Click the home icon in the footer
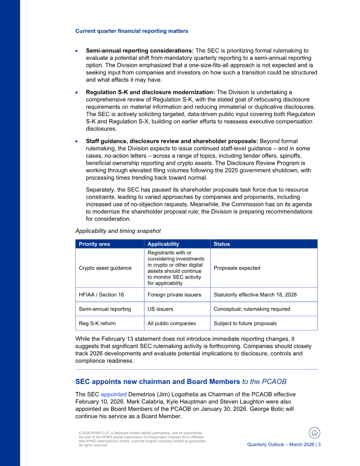(x=315, y=433)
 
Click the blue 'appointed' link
(x=113, y=394)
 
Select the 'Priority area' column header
(x=94, y=244)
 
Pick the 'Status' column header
(x=221, y=244)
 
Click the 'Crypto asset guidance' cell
(x=105, y=268)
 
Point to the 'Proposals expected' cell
(x=237, y=268)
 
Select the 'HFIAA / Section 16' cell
(x=101, y=294)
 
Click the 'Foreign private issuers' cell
(x=175, y=294)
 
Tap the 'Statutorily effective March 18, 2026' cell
(x=255, y=294)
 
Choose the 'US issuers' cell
(x=161, y=309)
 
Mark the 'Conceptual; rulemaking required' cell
(x=252, y=309)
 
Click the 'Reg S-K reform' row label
(x=97, y=323)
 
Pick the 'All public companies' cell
(x=171, y=323)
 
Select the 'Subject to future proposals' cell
(x=245, y=323)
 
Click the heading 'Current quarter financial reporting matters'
(x=131, y=31)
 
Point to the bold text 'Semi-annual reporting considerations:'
(x=139, y=50)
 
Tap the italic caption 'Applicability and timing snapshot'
(x=118, y=231)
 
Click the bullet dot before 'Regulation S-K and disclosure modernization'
(x=77, y=92)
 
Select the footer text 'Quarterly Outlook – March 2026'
(x=281, y=444)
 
